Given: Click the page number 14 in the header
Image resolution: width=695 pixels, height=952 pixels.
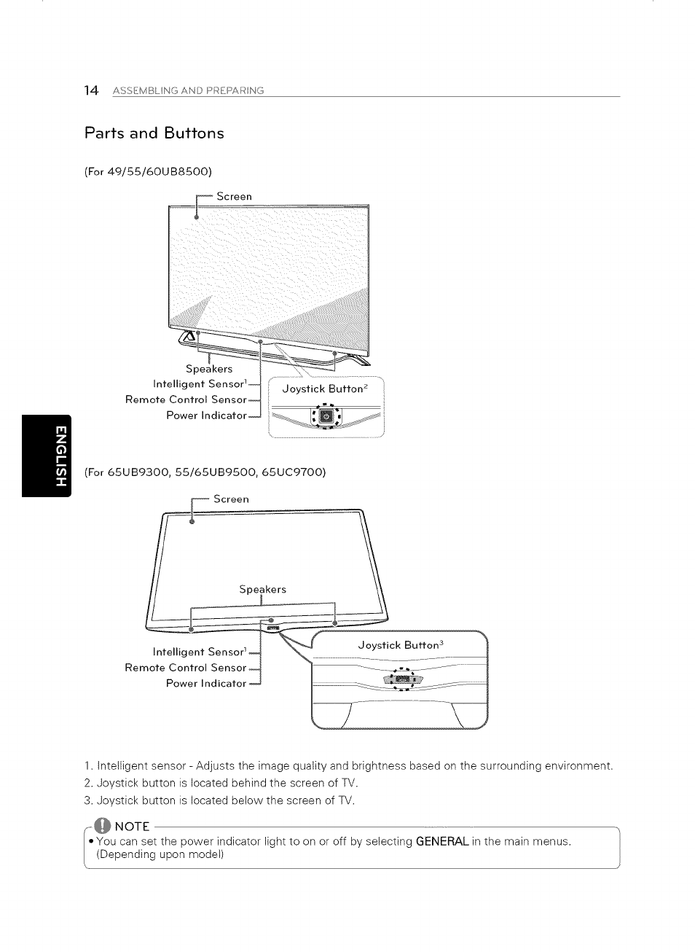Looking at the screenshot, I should [x=91, y=90].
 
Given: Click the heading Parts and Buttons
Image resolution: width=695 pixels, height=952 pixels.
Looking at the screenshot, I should [x=154, y=133].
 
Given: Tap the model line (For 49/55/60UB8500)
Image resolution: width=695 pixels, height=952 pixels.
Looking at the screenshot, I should [x=148, y=172].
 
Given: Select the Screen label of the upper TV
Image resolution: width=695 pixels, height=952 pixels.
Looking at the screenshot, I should [x=234, y=196].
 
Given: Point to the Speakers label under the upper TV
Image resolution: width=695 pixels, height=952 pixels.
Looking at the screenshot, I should [x=209, y=369].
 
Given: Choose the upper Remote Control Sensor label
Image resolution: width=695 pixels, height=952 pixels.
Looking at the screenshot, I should [x=186, y=399].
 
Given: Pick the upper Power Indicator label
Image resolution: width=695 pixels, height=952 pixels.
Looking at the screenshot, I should [x=206, y=415].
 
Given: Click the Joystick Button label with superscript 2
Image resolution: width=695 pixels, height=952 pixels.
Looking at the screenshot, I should [x=322, y=389].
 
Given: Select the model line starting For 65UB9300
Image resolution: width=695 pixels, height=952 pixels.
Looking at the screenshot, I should [x=205, y=472].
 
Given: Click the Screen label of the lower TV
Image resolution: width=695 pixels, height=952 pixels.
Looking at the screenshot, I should [x=231, y=499].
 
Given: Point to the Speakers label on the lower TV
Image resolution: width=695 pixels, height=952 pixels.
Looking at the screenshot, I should [x=262, y=589].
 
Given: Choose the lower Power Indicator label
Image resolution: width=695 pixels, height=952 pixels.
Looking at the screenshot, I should [x=206, y=683].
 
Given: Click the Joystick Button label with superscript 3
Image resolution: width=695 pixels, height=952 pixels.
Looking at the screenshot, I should [x=400, y=645].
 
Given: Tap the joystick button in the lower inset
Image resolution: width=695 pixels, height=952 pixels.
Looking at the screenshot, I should [x=403, y=680].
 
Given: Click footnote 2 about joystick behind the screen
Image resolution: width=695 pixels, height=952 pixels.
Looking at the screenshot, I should [x=221, y=784].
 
